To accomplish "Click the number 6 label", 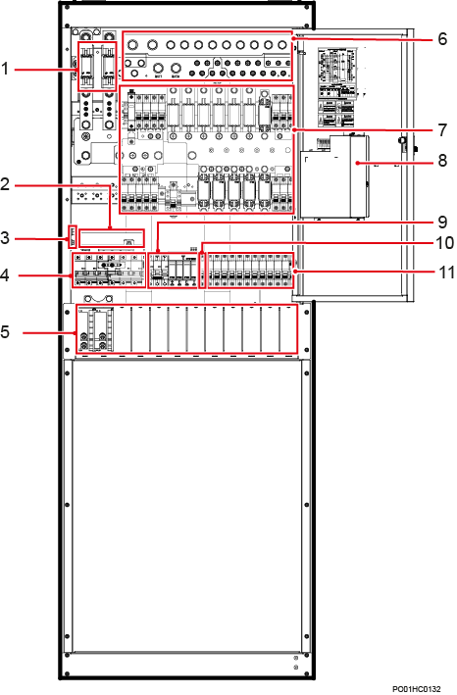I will tap(442, 40).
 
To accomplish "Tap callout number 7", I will tap(442, 129).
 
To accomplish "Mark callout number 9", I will tap(442, 221).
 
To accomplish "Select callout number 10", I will tap(442, 242).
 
